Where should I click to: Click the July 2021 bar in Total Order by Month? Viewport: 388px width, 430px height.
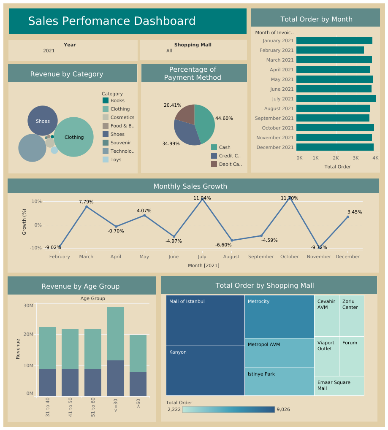[336, 99]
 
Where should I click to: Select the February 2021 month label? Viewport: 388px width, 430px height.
[277, 50]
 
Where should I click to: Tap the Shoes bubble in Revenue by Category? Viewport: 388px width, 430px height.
[43, 121]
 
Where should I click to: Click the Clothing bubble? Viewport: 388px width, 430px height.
[74, 137]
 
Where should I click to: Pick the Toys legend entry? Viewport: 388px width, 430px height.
[116, 160]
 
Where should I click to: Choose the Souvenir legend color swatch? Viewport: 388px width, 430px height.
[106, 143]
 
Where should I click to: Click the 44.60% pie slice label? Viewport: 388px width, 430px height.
[224, 118]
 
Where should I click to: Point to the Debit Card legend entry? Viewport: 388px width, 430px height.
[230, 164]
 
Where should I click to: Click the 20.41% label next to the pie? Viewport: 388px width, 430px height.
[172, 105]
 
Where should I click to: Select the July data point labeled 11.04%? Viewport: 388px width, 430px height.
[202, 199]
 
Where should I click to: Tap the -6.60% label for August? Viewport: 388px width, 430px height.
[223, 245]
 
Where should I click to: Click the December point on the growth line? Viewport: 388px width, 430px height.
[347, 217]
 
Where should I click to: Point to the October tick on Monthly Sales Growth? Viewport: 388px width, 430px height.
[289, 257]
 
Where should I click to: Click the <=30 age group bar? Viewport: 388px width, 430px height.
[116, 352]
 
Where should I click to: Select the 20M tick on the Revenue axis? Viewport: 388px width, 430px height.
[28, 334]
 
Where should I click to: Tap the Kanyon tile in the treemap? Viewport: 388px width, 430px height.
[205, 371]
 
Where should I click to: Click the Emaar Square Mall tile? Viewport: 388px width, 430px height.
[339, 386]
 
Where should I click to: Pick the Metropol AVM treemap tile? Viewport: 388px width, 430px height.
[279, 353]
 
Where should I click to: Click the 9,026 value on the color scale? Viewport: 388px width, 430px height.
[283, 409]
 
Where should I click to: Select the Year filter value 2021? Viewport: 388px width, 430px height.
[49, 51]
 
